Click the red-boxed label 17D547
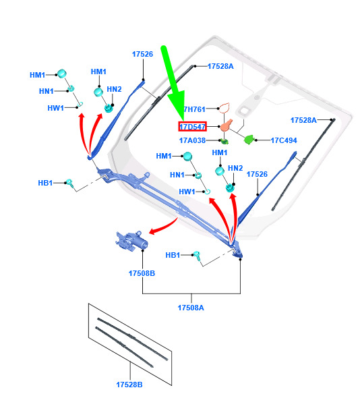tap(192, 127)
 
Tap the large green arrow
tap(174, 84)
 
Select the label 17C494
tap(284, 140)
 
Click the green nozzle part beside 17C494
tap(249, 139)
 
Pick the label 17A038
tap(192, 140)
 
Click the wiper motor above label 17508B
tap(131, 242)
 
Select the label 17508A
tap(191, 308)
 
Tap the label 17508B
tap(142, 273)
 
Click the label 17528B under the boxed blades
tap(129, 385)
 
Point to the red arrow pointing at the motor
tap(163, 226)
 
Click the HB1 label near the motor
tap(173, 255)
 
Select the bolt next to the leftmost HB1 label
tap(69, 183)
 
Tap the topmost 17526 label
tap(142, 54)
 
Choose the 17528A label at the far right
tap(303, 120)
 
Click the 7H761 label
tap(194, 109)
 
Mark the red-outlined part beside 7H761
tap(224, 108)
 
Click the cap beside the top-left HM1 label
tap(62, 74)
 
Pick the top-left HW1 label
tap(55, 108)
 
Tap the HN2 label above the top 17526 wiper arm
tap(114, 89)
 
